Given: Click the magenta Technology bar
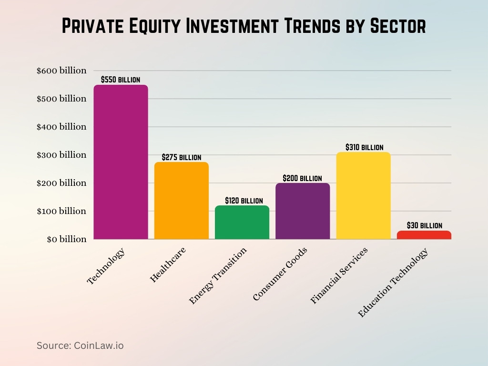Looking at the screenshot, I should pyautogui.click(x=121, y=162).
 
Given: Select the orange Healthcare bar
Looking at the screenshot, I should pyautogui.click(x=181, y=201).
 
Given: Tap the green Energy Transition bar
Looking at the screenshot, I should pyautogui.click(x=242, y=222).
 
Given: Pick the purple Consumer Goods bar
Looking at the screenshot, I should pyautogui.click(x=302, y=211).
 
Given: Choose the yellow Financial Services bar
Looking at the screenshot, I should pyautogui.click(x=363, y=195).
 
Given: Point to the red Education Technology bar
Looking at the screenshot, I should pyautogui.click(x=424, y=235).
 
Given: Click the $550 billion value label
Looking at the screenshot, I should pyautogui.click(x=121, y=80).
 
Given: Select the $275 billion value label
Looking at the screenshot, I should pyautogui.click(x=181, y=157).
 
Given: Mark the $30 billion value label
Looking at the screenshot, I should pyautogui.click(x=424, y=225).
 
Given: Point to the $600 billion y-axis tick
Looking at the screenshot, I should pyautogui.click(x=61, y=71).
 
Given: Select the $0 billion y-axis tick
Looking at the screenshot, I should pyautogui.click(x=66, y=239).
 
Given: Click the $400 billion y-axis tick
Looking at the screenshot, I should pyautogui.click(x=61, y=127).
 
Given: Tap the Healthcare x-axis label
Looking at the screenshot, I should pyautogui.click(x=168, y=265).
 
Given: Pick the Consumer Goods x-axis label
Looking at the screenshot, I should pyautogui.click(x=280, y=274).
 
